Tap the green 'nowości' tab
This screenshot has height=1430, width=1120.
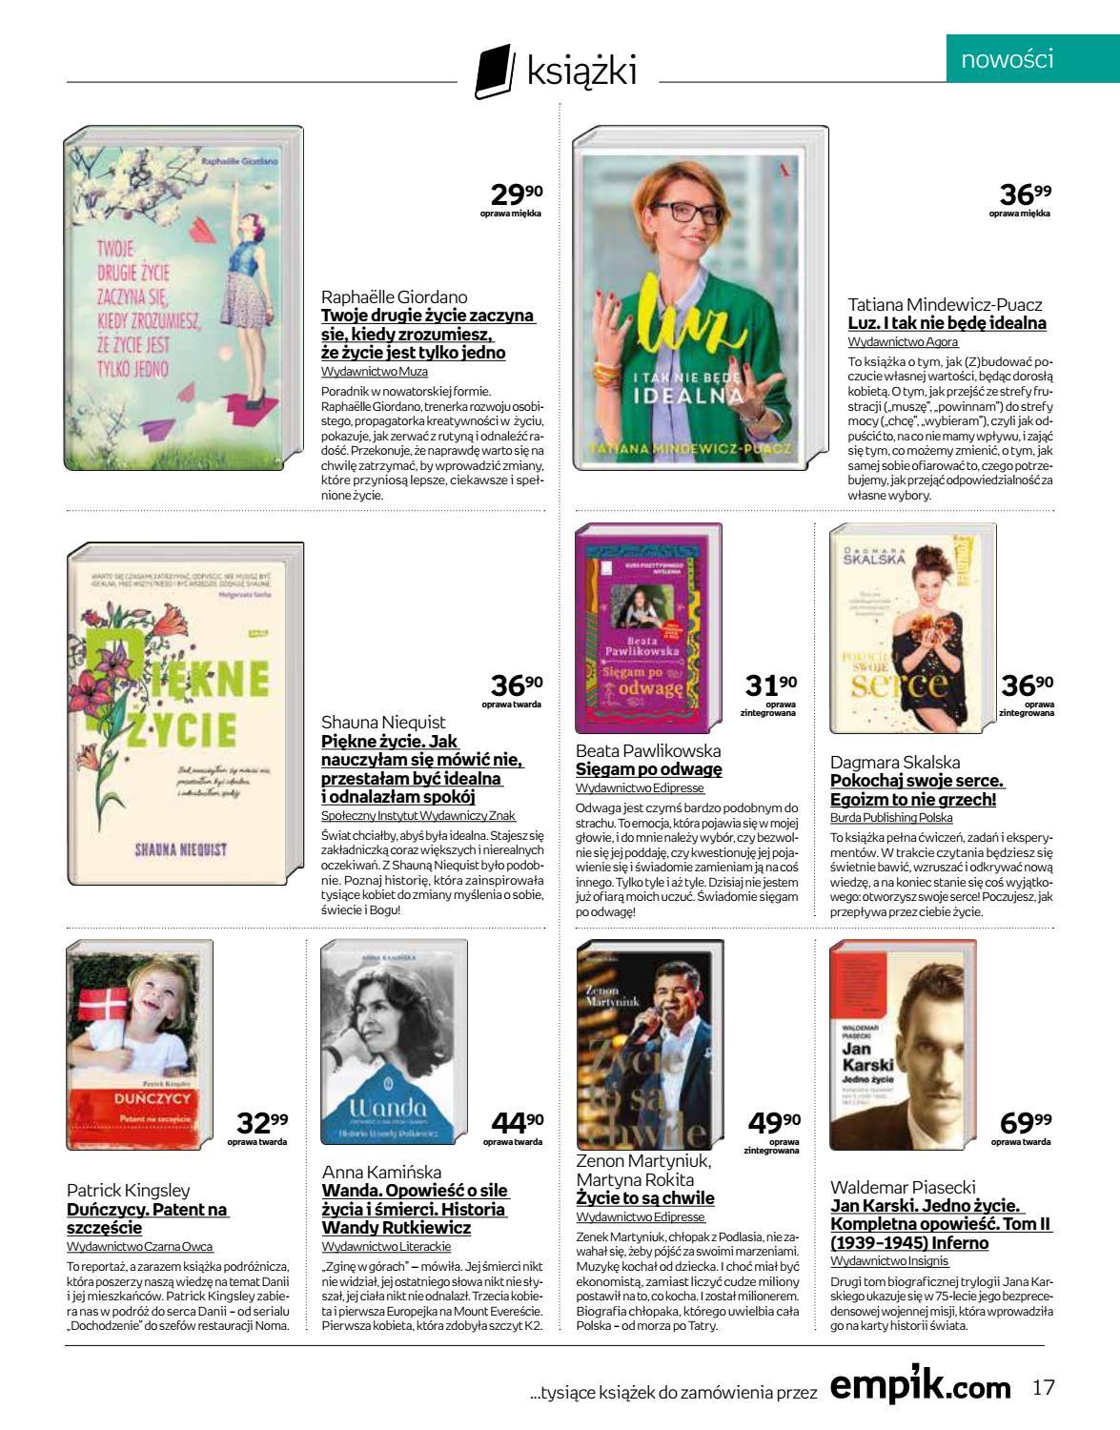1020,59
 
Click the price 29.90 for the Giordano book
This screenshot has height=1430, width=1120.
516,196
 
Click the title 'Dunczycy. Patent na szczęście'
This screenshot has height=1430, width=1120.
148,1218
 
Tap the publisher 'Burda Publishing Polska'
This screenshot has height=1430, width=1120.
891,817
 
